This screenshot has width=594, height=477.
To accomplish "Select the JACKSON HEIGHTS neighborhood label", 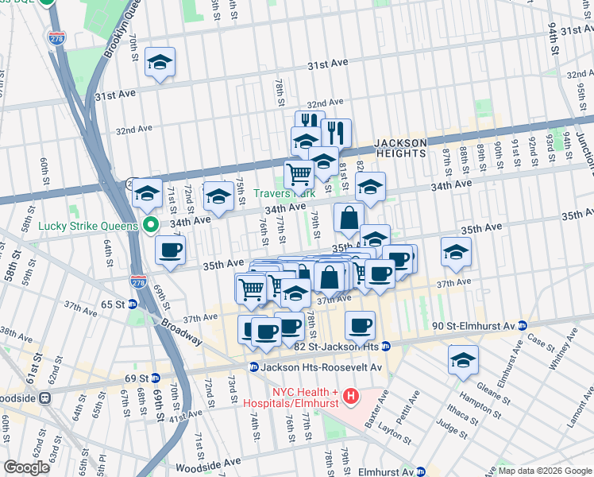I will point(385,148).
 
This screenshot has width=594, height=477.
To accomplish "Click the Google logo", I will point(27,467).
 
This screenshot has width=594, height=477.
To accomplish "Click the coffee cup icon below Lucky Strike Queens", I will point(170,250).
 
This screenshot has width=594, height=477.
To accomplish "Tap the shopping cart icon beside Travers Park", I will point(299,173).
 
